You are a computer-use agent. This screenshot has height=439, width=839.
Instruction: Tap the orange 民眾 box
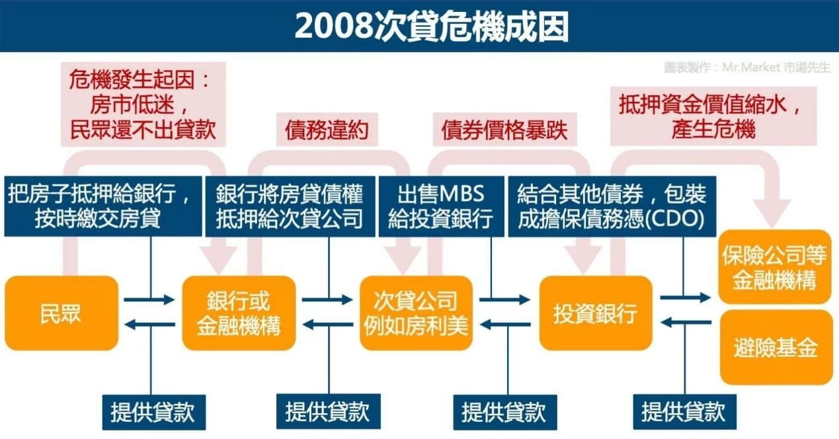tap(61, 313)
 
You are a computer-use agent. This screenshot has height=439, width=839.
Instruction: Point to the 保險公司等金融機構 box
tap(775, 266)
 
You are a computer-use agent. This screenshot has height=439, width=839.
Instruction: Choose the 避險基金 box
tap(775, 347)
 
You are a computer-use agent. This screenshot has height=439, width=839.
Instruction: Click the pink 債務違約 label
tap(327, 130)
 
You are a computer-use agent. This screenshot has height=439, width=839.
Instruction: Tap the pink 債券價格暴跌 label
tap(504, 130)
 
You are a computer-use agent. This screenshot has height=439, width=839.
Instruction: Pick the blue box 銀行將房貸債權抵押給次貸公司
tap(290, 206)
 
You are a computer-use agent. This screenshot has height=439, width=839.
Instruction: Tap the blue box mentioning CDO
tap(612, 206)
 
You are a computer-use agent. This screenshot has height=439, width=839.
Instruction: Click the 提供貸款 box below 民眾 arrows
tap(153, 412)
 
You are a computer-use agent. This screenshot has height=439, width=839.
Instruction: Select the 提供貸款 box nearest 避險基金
tap(683, 412)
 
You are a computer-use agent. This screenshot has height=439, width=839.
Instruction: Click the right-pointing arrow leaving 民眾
tap(149, 300)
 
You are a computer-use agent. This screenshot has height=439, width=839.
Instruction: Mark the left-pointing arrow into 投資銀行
tap(685, 323)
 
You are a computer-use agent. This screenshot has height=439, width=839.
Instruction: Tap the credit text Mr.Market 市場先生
tap(747, 67)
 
